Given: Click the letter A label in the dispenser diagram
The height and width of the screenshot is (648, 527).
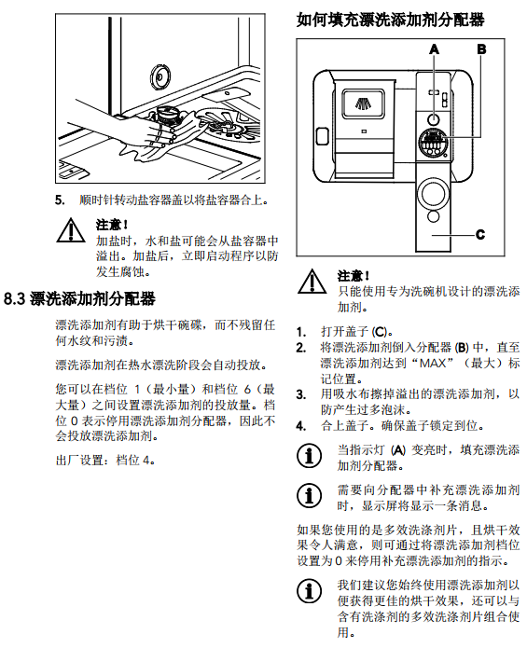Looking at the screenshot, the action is click(434, 49).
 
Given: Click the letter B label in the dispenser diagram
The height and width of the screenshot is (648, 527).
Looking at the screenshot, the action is click(481, 49).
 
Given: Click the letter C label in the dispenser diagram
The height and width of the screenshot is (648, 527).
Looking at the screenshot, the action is click(479, 235).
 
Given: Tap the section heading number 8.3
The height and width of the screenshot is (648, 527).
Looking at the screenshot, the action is click(15, 298).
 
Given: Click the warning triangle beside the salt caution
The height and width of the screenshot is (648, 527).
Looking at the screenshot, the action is click(71, 230).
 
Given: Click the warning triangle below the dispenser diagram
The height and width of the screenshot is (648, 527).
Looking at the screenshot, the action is click(312, 282).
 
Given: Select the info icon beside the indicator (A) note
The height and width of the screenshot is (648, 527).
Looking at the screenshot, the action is click(309, 456).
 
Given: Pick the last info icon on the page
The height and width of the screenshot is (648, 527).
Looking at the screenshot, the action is click(309, 591).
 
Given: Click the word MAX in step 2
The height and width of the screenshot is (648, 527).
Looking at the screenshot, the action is click(433, 364).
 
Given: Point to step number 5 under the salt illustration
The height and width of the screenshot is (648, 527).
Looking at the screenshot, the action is click(60, 200).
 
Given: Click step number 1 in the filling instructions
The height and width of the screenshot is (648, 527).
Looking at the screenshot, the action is click(301, 332).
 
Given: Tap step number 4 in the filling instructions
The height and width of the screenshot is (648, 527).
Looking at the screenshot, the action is click(301, 426).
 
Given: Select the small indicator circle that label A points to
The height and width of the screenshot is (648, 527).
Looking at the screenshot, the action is click(433, 119).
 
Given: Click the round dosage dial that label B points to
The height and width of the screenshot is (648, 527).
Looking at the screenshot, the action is click(433, 143).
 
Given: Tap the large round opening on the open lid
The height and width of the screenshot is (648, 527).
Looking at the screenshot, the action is click(433, 194).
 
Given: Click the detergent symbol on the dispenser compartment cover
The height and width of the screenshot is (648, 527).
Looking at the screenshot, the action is click(364, 103).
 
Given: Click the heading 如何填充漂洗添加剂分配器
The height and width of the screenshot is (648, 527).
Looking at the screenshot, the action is click(390, 20).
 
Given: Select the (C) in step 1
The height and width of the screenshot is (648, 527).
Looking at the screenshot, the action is click(380, 332).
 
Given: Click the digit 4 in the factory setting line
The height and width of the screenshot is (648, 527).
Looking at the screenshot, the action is click(146, 460).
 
